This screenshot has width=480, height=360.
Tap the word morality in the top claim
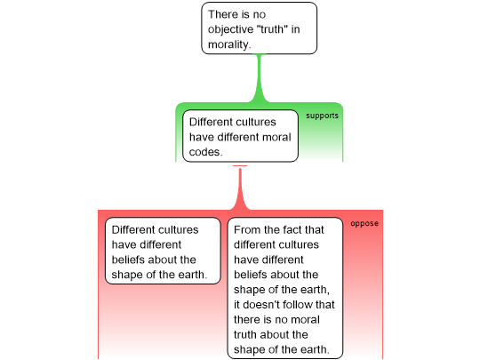coord(228,44)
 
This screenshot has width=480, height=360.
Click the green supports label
coord(322,116)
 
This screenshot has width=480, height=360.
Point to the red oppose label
coord(364,223)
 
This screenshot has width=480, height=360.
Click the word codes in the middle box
coord(204,152)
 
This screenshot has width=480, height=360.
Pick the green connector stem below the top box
coord(260,78)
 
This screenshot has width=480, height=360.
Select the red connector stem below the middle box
coord(240,188)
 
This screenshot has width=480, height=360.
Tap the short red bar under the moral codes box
coord(240,165)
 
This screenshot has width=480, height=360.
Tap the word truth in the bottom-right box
coord(245,334)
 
